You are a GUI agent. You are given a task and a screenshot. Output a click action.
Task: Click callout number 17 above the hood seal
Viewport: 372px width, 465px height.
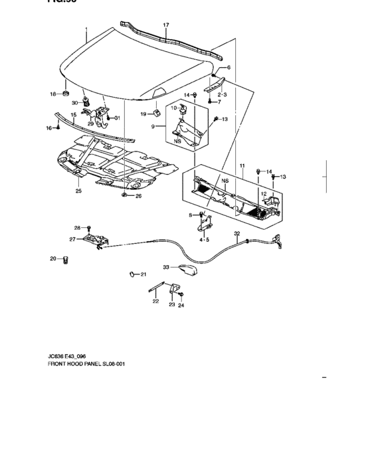pos(166,25)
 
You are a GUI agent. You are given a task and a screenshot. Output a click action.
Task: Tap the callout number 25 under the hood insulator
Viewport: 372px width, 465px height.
pos(78,191)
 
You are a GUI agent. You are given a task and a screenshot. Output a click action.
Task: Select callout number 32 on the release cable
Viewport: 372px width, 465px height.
pos(236,233)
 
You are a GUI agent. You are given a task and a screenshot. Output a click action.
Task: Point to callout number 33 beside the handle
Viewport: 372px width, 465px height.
pos(167,267)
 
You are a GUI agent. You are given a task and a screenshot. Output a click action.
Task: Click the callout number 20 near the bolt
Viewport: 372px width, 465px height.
pos(53,258)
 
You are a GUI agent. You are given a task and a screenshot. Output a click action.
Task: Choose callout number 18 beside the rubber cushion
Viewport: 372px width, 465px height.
pos(53,94)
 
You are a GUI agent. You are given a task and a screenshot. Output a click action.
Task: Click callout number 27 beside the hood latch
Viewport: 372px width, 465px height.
pos(72,239)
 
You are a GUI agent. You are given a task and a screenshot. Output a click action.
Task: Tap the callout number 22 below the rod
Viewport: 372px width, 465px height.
pos(155,301)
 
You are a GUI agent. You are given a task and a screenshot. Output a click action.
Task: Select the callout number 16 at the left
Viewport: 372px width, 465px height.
pos(48,128)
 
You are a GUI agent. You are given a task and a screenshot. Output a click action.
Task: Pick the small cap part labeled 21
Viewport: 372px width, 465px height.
pos(132,273)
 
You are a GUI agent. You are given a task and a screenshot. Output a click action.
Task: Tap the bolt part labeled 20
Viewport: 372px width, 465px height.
pos(66,259)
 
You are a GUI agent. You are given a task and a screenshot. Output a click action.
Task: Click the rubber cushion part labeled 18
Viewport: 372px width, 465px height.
pos(67,92)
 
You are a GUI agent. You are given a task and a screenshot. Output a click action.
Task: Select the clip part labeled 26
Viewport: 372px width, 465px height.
pos(124,196)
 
